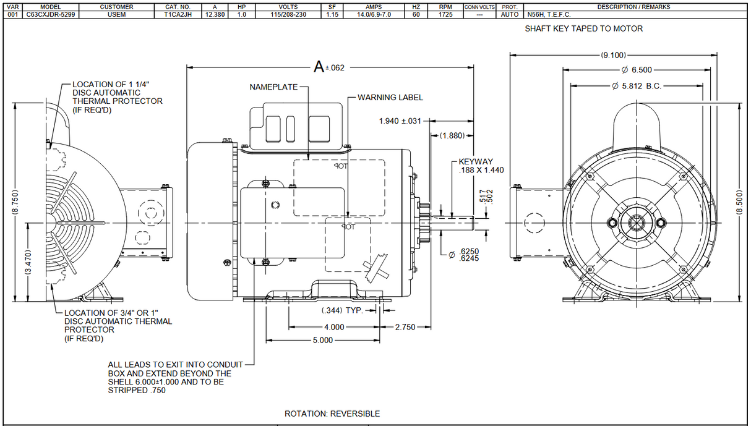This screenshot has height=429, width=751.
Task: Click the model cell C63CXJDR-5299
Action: [51, 14]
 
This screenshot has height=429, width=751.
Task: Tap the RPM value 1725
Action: [445, 14]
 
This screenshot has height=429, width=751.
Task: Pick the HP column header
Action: [241, 7]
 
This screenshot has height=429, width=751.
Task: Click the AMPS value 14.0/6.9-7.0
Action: [374, 14]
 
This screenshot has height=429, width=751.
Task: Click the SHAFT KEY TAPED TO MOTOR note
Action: [583, 28]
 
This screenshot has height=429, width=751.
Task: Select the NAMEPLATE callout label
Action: [273, 87]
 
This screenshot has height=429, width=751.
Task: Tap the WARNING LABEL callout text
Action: [390, 97]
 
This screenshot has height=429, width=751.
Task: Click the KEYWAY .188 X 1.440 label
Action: [476, 166]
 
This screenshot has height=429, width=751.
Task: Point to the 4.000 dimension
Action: [333, 326]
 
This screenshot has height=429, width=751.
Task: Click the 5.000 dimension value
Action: [322, 340]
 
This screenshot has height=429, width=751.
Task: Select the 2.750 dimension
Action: [405, 326]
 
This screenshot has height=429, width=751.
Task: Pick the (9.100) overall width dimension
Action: [613, 54]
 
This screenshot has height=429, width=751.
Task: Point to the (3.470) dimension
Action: [28, 263]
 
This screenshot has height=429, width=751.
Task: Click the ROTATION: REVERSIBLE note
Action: [332, 414]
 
